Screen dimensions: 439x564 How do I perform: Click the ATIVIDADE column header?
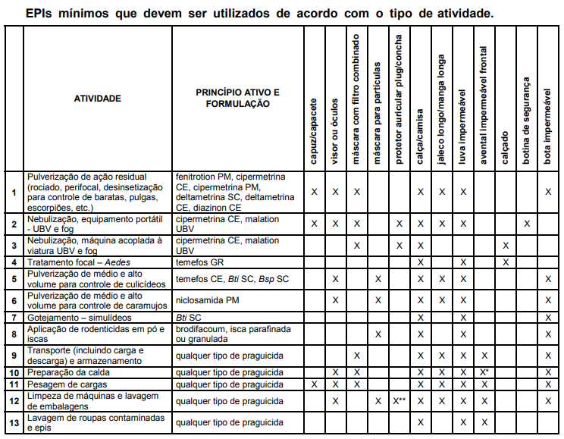[x=97, y=98]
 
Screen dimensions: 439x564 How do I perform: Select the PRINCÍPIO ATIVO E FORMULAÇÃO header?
[x=237, y=98]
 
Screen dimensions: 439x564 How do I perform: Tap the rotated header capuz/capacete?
[x=314, y=130]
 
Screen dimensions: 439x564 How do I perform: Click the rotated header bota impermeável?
[x=547, y=121]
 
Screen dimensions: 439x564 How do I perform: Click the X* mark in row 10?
[x=484, y=372]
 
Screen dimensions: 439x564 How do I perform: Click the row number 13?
[x=14, y=423]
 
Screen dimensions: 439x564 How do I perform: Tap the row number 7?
[x=14, y=317]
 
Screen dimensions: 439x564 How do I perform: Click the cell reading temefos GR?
[x=201, y=262]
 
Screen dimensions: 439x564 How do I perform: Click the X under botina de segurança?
[x=527, y=224]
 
